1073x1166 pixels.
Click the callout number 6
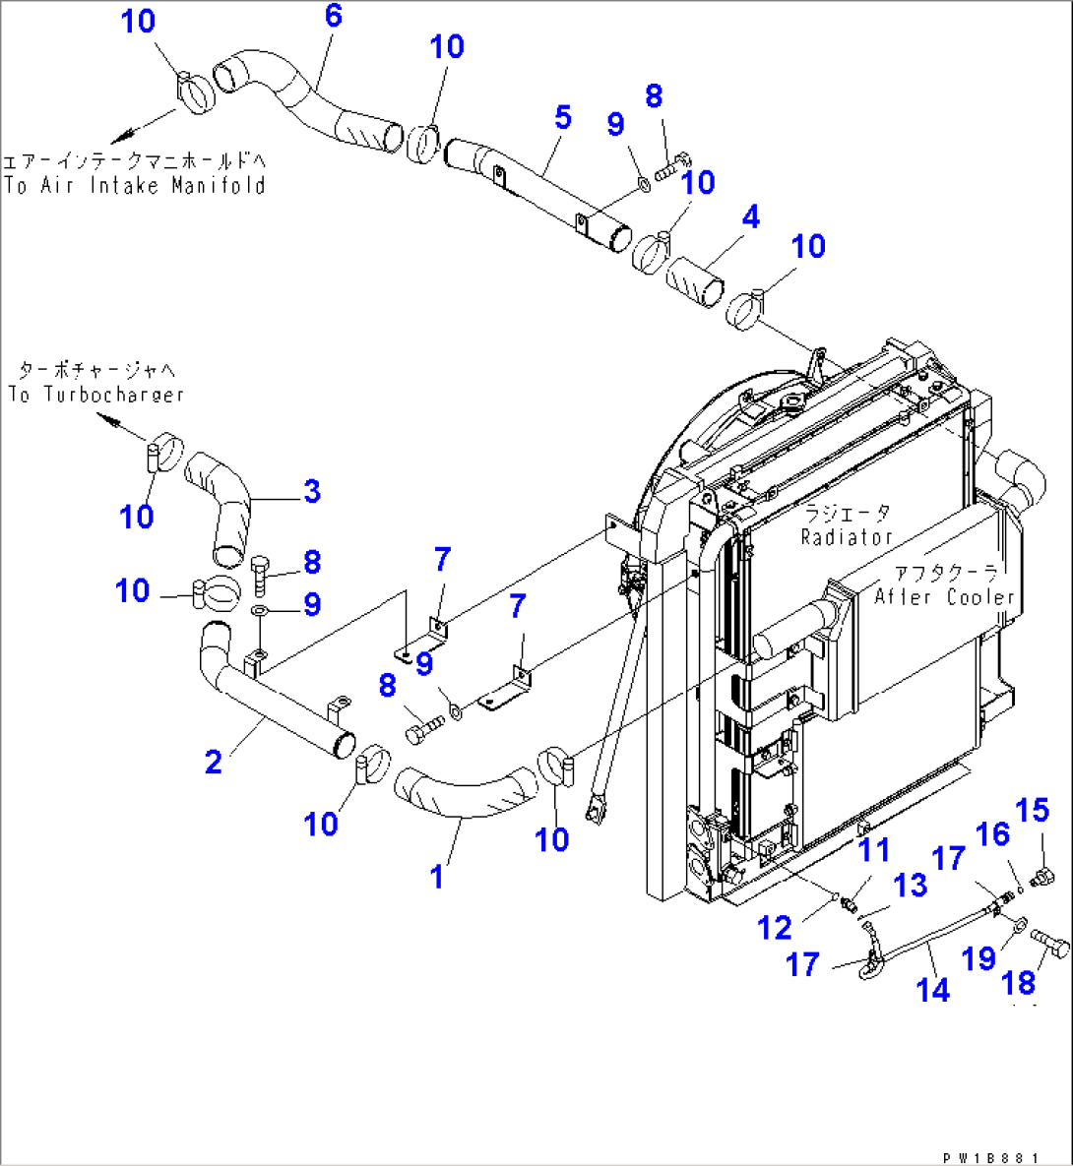[333, 16]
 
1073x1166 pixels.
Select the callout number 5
[562, 117]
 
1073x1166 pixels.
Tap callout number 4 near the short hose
[750, 216]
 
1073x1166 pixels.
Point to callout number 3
[311, 491]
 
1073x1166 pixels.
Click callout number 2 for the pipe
[213, 761]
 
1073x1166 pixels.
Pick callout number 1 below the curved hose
[437, 876]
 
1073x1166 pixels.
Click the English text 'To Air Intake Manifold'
[135, 185]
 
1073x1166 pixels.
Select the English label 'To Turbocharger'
[95, 395]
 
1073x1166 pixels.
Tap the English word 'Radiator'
[846, 537]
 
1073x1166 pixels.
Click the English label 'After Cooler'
[944, 596]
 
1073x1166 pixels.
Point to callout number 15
[1033, 811]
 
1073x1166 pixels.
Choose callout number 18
[1018, 982]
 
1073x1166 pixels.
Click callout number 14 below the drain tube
[932, 989]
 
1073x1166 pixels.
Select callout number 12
[775, 927]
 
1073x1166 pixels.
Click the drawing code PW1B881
[989, 1158]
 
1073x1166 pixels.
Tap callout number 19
[978, 957]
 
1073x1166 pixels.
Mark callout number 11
[872, 850]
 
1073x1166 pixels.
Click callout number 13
[910, 885]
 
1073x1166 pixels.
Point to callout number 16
[992, 834]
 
